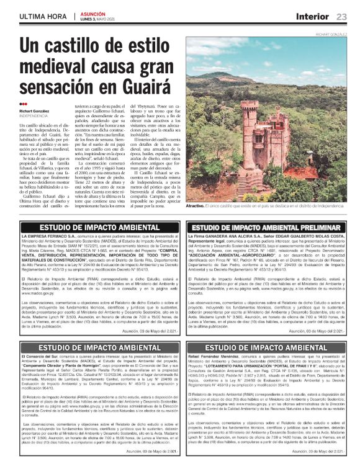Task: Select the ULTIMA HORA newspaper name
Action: pyautogui.click(x=43, y=16)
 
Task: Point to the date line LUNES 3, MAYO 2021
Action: pyautogui.click(x=99, y=20)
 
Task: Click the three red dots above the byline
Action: pyautogui.click(x=23, y=104)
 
